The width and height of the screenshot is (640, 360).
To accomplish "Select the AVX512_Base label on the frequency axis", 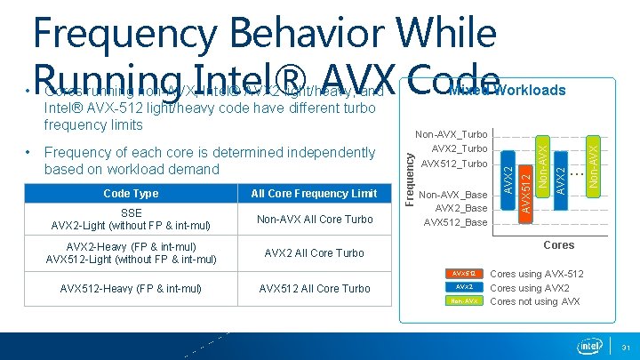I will (x=455, y=222).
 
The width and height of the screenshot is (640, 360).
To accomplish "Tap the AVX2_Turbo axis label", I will (x=459, y=149).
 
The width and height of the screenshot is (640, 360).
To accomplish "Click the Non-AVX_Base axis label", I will (x=452, y=195).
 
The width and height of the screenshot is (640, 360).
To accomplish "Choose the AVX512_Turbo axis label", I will (x=454, y=164).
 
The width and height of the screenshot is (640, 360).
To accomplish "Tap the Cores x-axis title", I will (x=558, y=245).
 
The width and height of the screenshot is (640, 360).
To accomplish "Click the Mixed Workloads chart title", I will (x=507, y=90).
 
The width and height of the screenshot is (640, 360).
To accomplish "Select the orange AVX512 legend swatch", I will (x=464, y=273).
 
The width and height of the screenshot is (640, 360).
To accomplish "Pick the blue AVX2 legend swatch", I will (x=464, y=287).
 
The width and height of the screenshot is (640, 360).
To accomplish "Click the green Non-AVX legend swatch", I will (x=464, y=301).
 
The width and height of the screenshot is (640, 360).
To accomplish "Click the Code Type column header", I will (x=131, y=194).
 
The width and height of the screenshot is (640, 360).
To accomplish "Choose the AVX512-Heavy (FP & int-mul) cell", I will (x=131, y=288).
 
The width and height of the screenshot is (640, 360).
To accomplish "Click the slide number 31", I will (x=626, y=347).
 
